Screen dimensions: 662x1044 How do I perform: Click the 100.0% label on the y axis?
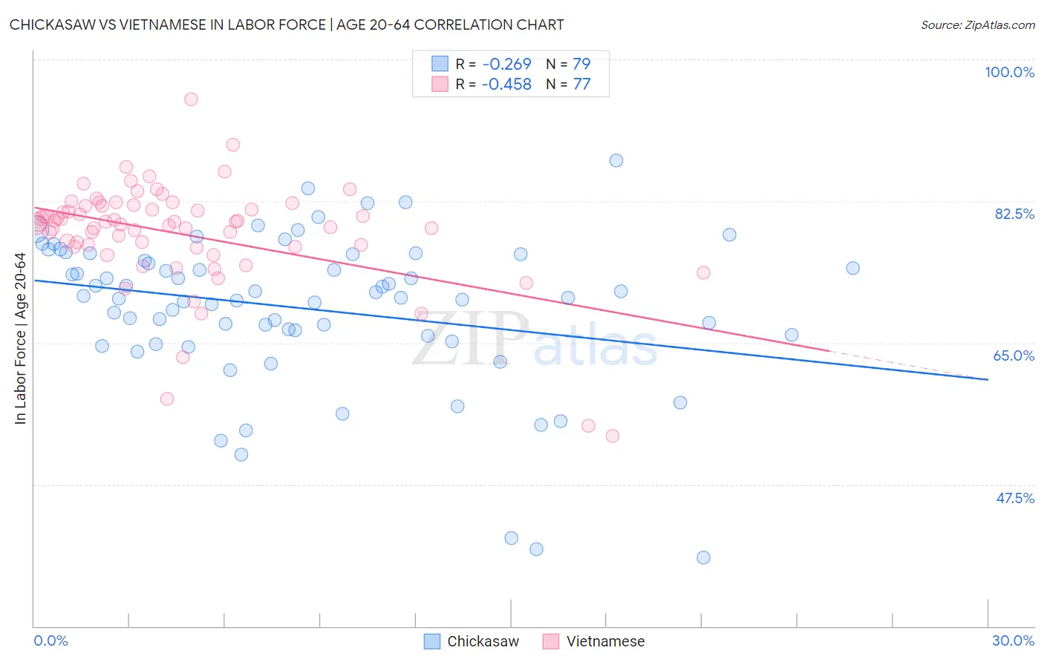[x=1009, y=72]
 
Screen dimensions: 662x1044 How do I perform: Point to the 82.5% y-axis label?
[x=1014, y=214]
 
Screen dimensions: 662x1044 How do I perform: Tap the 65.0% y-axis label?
[x=1014, y=355]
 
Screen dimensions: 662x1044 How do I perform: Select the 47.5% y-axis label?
[x=1014, y=498]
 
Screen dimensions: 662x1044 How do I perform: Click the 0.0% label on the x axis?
[x=50, y=640]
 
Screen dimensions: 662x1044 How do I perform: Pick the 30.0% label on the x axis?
[x=1013, y=640]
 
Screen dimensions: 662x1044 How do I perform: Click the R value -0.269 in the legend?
[x=506, y=64]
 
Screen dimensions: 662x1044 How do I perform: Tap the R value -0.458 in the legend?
[x=506, y=85]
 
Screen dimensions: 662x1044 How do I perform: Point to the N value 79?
[x=581, y=64]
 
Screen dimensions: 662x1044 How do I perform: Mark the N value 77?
[x=581, y=85]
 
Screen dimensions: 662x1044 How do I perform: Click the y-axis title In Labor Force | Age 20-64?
[x=20, y=338]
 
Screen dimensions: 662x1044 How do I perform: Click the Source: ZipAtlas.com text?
[x=977, y=24]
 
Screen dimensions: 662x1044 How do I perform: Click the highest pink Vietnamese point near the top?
[x=191, y=99]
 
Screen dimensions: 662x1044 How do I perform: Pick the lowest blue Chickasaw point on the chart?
[x=703, y=557]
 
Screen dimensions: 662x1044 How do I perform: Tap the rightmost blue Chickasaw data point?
[x=852, y=268]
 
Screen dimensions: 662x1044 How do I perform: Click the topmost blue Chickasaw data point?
[x=616, y=160]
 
